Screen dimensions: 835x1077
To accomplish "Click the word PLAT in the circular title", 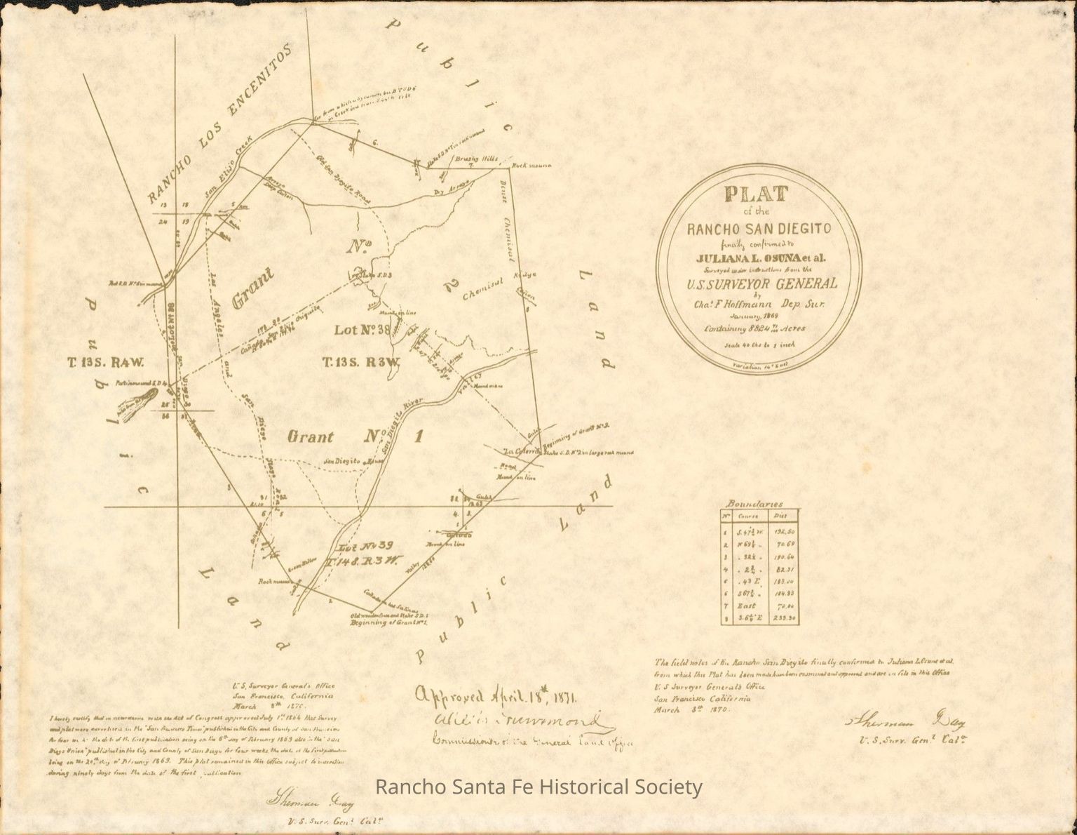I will tap(756, 194).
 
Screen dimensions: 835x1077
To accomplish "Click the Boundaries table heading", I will tap(754, 504).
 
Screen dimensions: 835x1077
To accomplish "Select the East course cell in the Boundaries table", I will tap(744, 606).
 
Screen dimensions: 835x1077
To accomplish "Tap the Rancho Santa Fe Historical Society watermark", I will tap(538, 787).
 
